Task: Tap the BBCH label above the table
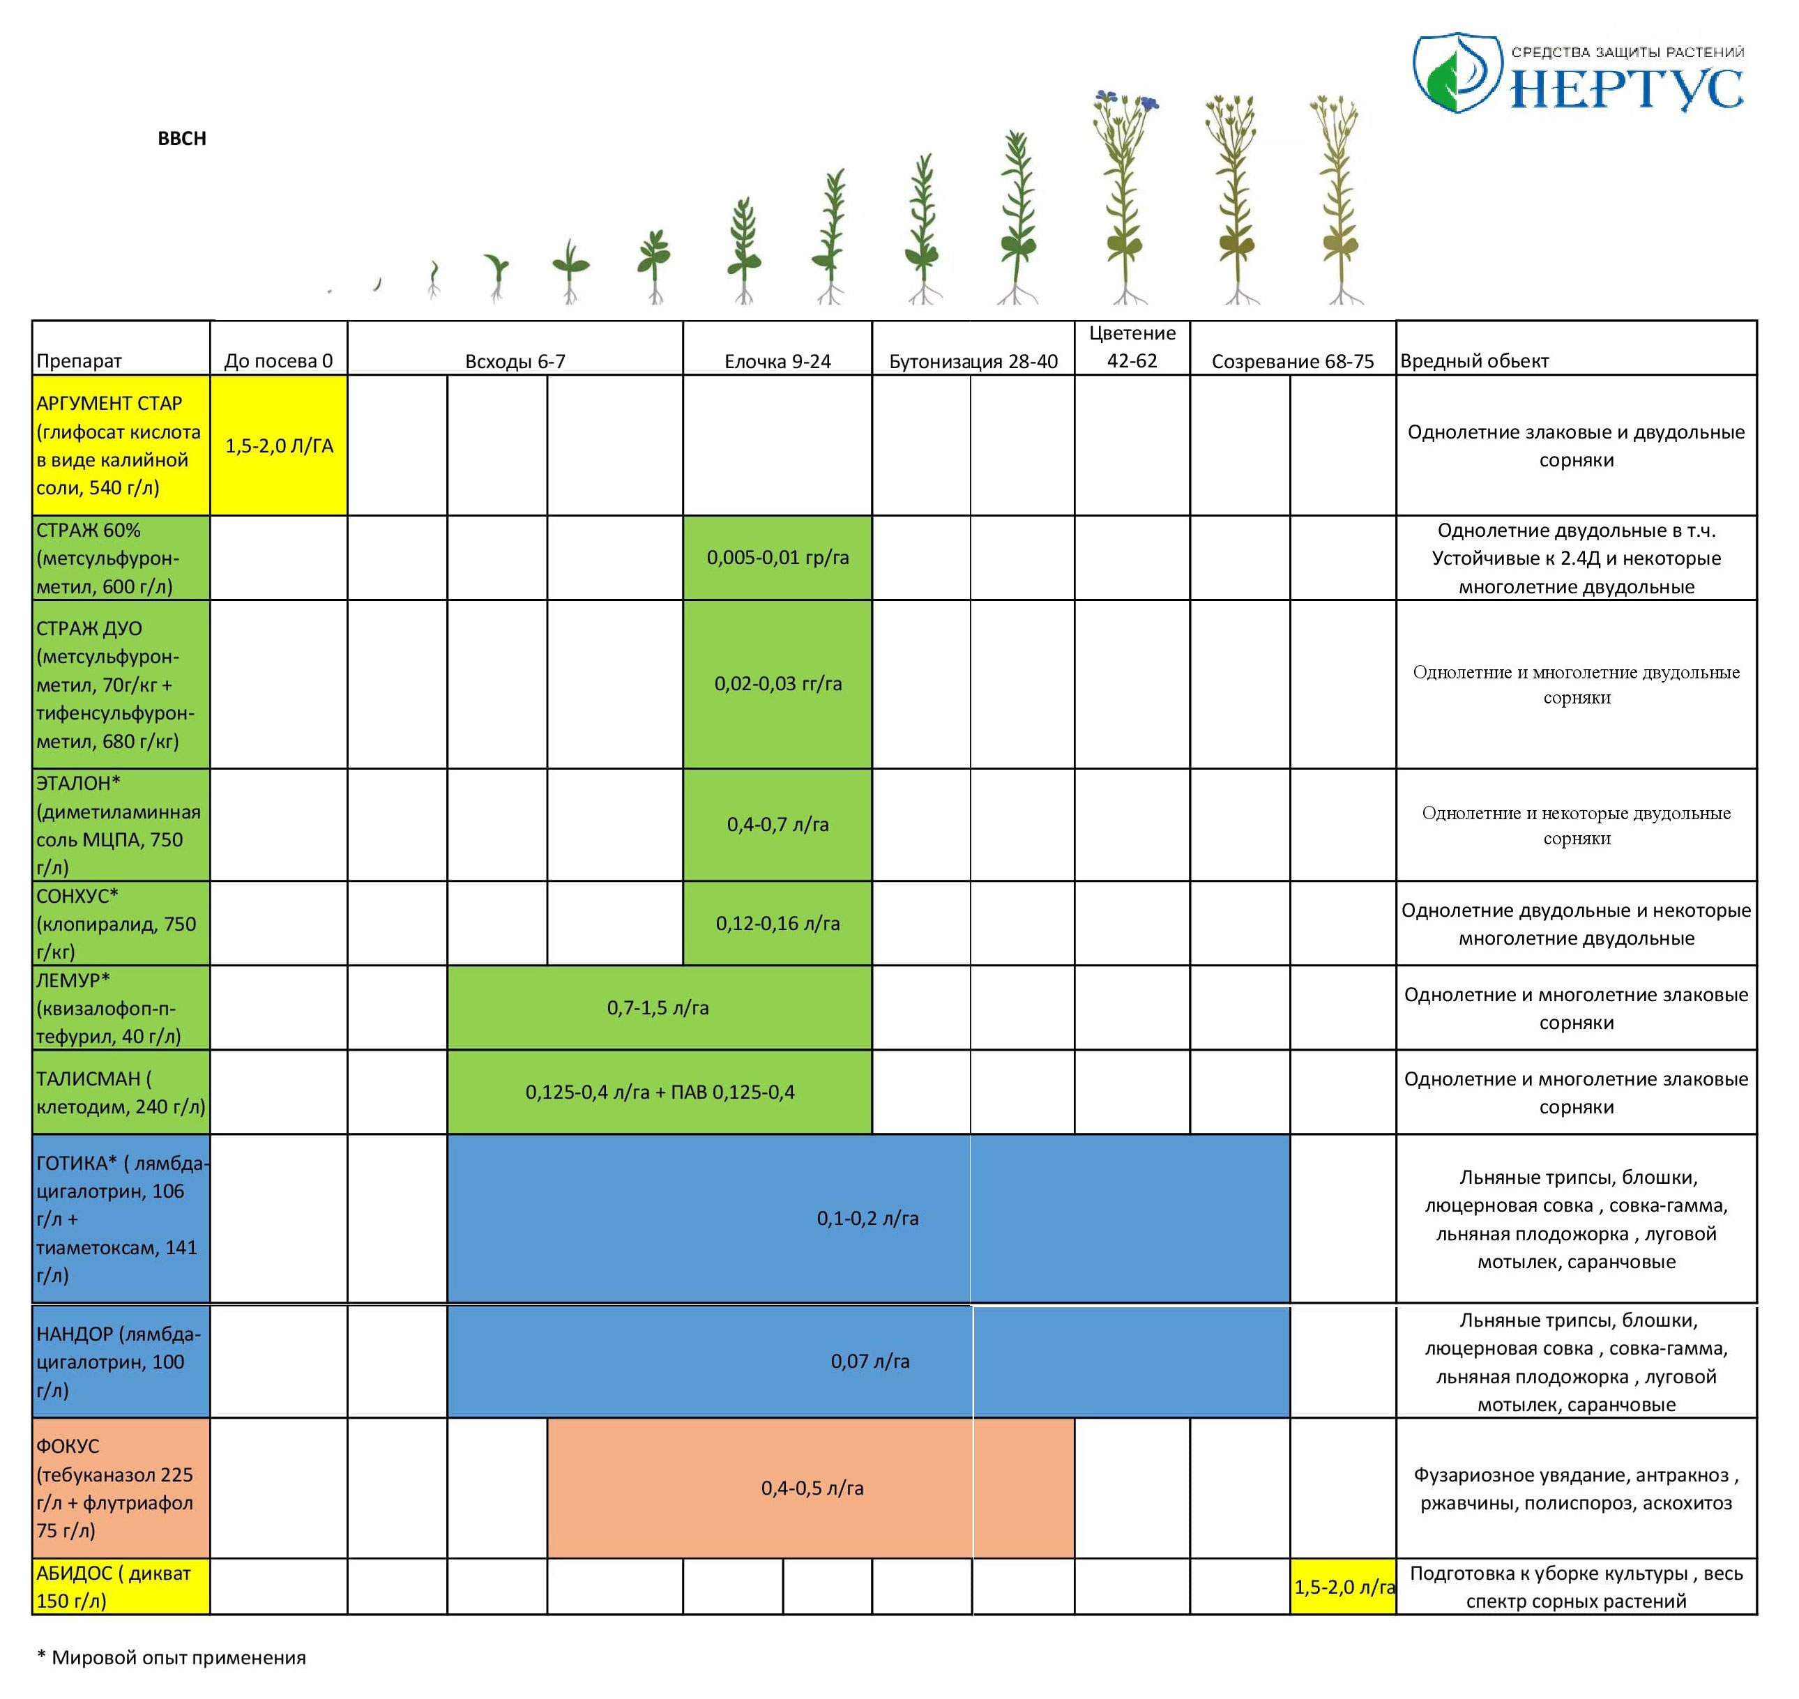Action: [x=182, y=139]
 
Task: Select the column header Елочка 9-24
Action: [x=777, y=361]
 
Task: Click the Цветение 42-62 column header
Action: [x=1132, y=347]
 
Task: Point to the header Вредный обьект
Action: [x=1474, y=361]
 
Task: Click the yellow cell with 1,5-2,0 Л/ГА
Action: [x=279, y=445]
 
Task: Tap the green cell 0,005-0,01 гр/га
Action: [x=777, y=558]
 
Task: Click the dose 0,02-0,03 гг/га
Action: [x=777, y=684]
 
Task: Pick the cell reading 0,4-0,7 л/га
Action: [x=777, y=824]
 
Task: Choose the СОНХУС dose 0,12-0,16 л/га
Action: [x=777, y=924]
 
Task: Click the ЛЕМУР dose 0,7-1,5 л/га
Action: [x=658, y=1008]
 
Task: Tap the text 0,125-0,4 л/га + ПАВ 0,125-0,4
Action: [x=660, y=1092]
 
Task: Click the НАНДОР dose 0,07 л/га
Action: [x=870, y=1361]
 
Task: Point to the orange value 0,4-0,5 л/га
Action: [x=812, y=1488]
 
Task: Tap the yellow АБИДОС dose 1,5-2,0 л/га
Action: [x=1344, y=1587]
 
